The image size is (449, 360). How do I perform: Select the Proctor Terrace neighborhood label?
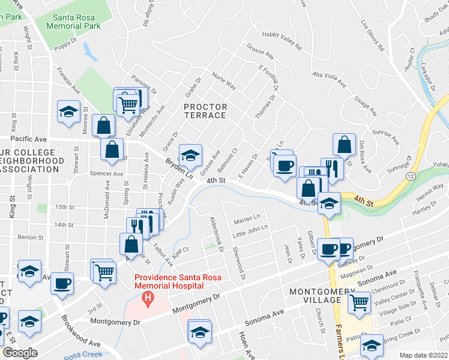(205, 111)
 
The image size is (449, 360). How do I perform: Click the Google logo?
(20, 353)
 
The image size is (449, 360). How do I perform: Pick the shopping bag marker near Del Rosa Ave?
(345, 145)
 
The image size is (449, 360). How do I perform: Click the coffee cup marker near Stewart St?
(62, 283)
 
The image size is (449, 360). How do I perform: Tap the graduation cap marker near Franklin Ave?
(68, 112)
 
